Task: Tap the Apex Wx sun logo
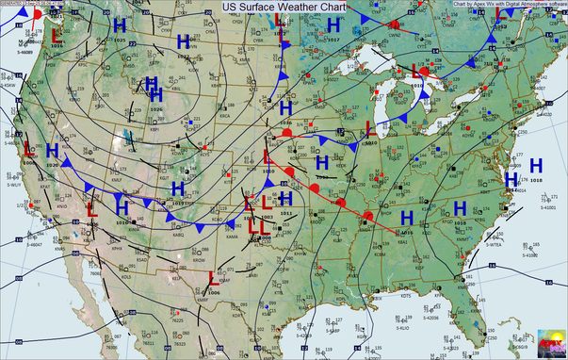[x=550, y=343]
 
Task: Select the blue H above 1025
[x=119, y=27]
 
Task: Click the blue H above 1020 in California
[x=51, y=152]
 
